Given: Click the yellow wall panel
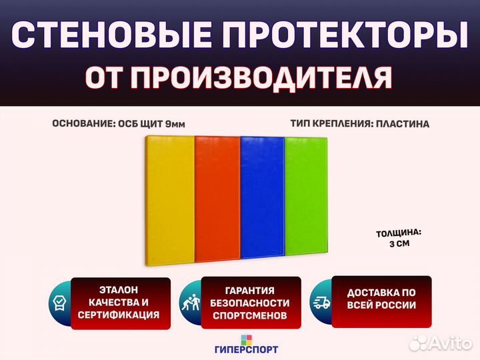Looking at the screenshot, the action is click(x=169, y=200).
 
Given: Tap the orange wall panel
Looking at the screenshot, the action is click(x=217, y=199).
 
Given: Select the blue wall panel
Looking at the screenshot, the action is click(x=263, y=197).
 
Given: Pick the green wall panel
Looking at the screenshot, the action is click(x=306, y=196).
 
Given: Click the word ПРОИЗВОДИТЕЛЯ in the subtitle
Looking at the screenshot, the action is click(x=261, y=77).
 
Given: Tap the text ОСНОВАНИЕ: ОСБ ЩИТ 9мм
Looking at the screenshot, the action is click(x=119, y=124).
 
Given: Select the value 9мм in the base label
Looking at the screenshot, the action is click(x=175, y=124).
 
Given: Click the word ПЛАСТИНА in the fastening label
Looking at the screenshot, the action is click(x=403, y=124).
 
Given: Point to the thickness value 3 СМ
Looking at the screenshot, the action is click(x=399, y=244).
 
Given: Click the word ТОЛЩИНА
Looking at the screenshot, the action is click(x=399, y=233).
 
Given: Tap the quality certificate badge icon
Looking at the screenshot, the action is click(x=59, y=303).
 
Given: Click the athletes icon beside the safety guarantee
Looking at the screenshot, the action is click(x=191, y=303).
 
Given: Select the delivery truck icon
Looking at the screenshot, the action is click(x=321, y=303).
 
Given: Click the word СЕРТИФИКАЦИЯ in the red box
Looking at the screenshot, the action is click(x=119, y=315).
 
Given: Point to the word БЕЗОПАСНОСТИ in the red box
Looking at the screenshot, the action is click(x=250, y=303).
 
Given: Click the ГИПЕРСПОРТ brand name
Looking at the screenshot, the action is click(x=247, y=349).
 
